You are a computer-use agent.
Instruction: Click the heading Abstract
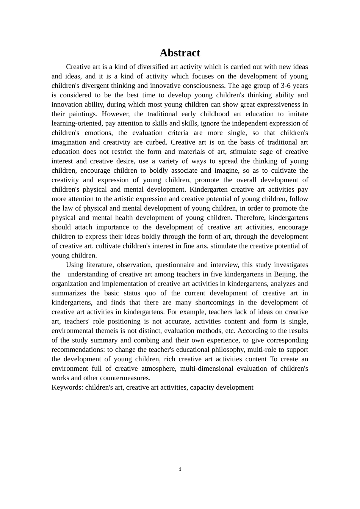pyautogui.click(x=180, y=53)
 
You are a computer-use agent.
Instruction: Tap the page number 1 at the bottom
pyautogui.click(x=180, y=469)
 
